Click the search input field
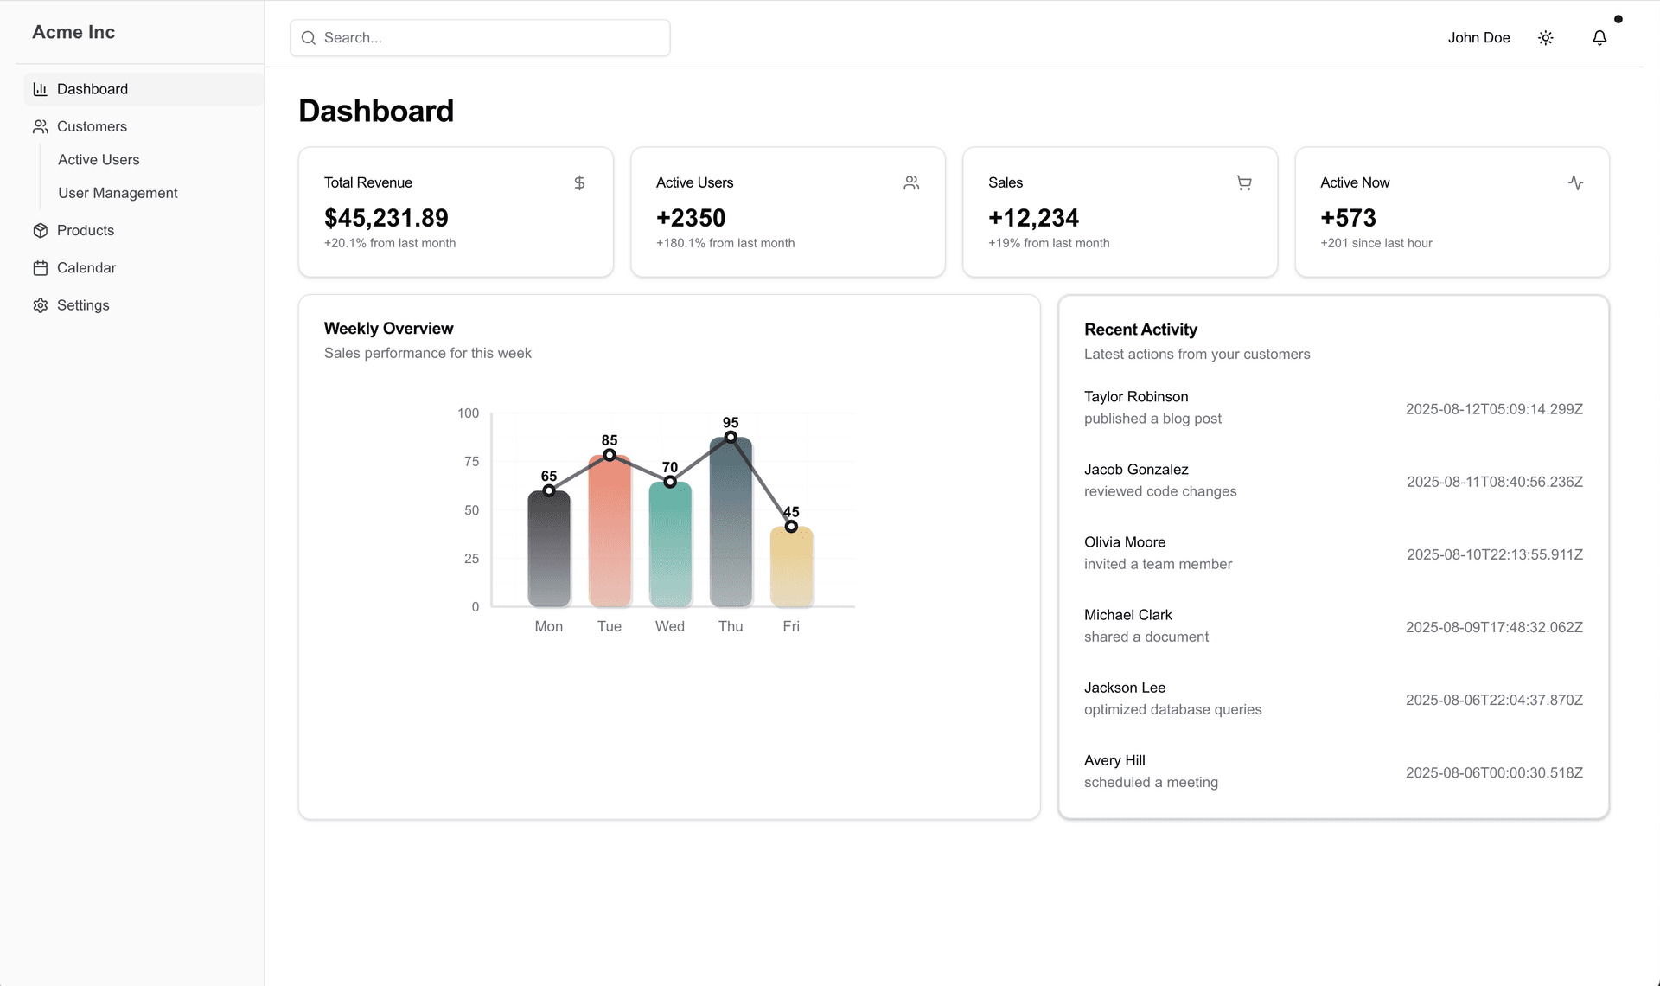480,38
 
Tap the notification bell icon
1599,38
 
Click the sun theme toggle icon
1546,38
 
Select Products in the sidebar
85,230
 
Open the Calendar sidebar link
86,268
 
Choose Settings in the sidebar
82,305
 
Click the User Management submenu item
118,193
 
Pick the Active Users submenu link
99,160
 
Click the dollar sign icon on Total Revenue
579,182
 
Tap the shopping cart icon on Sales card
1243,182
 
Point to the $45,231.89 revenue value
386,218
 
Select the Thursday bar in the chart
731,528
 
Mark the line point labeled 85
610,455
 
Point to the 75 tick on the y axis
471,462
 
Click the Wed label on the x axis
669,626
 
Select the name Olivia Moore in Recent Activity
1125,542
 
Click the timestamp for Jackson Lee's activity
1494,700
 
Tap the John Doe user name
1478,38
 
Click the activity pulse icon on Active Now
1575,182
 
